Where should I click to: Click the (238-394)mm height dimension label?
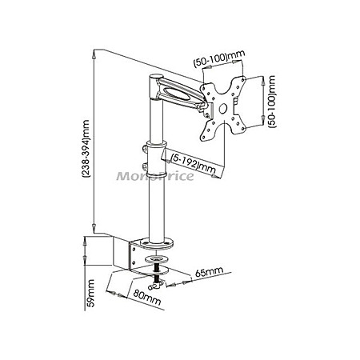click(86, 149)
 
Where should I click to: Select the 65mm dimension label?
click(209, 271)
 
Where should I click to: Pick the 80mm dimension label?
click(147, 298)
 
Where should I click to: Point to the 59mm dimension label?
click(91, 294)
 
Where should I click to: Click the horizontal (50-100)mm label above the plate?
click(218, 58)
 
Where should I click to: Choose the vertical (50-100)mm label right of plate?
click(272, 102)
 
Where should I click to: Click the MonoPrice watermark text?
click(155, 176)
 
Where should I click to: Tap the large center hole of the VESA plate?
click(222, 108)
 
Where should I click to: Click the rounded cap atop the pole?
click(155, 77)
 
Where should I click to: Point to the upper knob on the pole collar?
click(144, 149)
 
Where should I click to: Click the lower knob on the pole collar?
click(144, 166)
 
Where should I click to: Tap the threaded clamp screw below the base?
click(157, 270)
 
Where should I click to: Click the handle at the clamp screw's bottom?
click(155, 286)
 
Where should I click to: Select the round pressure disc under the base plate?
click(157, 258)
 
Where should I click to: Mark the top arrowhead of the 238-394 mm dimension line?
click(94, 55)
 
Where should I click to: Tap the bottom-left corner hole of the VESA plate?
click(204, 138)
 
